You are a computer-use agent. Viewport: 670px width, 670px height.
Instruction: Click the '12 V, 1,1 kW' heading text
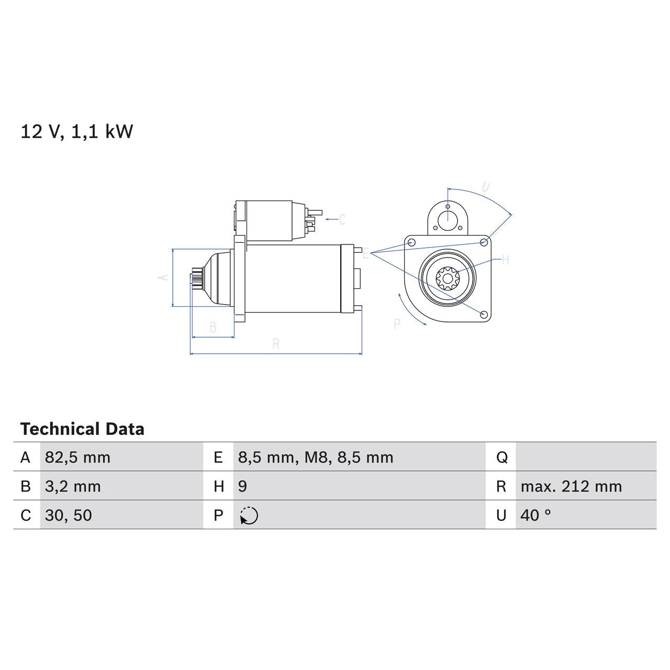tap(77, 131)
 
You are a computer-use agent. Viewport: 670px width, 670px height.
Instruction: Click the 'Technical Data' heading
tap(82, 429)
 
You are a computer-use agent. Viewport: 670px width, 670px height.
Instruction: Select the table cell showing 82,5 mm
tap(77, 457)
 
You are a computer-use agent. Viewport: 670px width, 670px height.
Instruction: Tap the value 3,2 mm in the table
tap(73, 486)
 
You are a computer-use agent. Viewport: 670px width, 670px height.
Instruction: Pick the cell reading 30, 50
tap(69, 515)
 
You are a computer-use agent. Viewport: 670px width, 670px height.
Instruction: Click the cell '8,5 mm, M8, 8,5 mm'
tap(316, 457)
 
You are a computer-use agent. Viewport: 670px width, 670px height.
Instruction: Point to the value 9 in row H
tap(242, 486)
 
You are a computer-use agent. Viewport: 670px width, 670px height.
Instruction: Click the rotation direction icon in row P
tap(249, 516)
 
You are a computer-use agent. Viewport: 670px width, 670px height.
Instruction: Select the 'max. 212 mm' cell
tap(571, 486)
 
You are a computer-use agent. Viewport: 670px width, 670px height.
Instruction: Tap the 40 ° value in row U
tap(535, 515)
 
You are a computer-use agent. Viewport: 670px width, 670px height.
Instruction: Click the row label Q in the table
tap(501, 457)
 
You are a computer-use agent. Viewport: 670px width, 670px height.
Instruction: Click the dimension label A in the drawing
tap(164, 277)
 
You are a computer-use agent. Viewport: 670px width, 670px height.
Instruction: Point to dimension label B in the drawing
tap(213, 328)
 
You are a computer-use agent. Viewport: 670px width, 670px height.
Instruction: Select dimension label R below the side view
tap(276, 344)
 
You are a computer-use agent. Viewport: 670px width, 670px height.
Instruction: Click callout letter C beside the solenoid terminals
tap(342, 219)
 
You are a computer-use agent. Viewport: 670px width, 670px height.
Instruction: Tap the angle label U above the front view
tap(486, 187)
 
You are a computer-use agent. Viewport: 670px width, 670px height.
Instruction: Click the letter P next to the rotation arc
tap(397, 325)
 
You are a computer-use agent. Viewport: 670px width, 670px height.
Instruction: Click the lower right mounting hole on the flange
tap(484, 314)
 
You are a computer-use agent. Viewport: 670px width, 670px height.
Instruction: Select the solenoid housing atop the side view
tap(270, 221)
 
